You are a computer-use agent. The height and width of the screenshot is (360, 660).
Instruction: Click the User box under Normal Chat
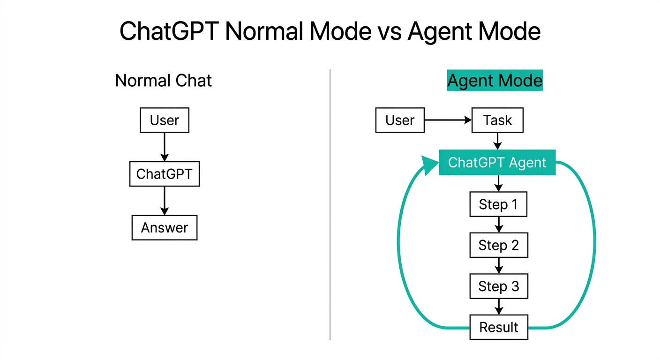pos(165,120)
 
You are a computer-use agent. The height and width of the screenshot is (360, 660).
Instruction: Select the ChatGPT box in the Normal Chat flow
pos(164,174)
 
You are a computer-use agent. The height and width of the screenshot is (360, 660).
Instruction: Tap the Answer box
pos(165,228)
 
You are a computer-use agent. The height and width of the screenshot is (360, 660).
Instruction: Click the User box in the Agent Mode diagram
pos(400,120)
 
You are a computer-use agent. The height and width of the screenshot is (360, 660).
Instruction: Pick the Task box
pos(497,120)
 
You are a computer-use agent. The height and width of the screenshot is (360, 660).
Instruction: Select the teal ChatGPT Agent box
pos(497,163)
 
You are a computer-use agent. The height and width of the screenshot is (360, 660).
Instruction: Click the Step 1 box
pos(498,204)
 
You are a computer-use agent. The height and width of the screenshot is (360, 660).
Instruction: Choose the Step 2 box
pos(498,245)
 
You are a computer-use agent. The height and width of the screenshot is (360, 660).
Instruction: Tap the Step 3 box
pos(498,286)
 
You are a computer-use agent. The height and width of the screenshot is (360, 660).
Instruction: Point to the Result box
pos(498,327)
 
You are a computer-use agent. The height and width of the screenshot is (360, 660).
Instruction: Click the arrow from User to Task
pos(448,120)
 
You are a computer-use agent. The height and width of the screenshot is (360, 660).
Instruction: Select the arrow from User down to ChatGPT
pos(164,147)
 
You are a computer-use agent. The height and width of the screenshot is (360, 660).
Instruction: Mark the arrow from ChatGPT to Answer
pos(164,201)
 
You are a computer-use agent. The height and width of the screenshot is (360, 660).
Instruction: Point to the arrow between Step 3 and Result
pos(499,307)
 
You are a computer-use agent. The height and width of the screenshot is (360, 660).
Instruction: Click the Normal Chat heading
pos(163,81)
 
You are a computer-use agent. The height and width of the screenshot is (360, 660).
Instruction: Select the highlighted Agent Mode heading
pos(495,81)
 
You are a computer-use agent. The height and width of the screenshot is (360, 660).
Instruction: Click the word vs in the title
pos(387,31)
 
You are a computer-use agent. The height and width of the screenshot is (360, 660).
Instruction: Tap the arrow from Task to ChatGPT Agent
pos(498,141)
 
